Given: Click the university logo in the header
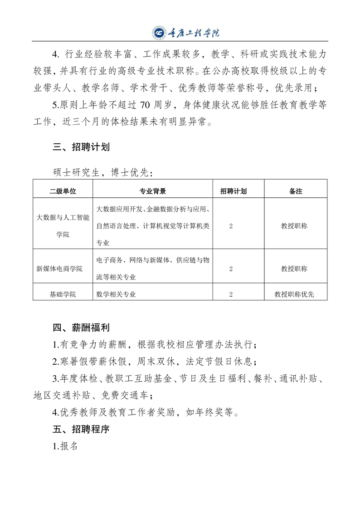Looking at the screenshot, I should click(159, 33).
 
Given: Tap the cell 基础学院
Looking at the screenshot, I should click(63, 294).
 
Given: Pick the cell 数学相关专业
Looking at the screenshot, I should click(117, 294).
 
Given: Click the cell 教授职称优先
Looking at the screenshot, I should click(294, 294).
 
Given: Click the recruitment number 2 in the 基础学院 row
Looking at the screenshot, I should click(231, 294).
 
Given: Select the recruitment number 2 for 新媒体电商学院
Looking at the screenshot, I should click(231, 269).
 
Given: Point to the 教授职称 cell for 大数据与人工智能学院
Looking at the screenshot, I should click(294, 226).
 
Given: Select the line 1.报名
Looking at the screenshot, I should click(66, 446).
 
